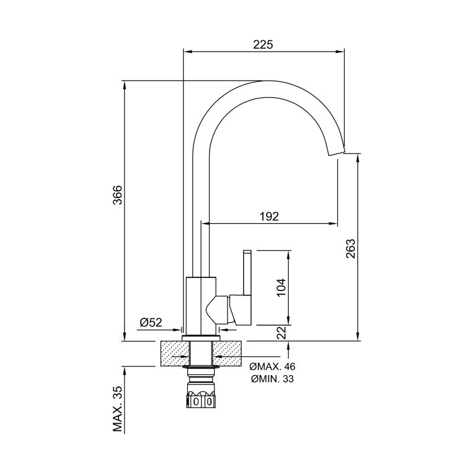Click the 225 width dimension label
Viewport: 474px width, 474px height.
(x=262, y=44)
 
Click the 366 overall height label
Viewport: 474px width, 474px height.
(x=117, y=195)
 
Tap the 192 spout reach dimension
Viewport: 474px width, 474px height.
(x=269, y=216)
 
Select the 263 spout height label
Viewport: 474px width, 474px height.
(x=351, y=248)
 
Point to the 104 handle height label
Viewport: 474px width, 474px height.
(x=281, y=287)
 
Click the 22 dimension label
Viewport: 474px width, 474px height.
(x=281, y=332)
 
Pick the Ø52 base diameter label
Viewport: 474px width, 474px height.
(x=151, y=322)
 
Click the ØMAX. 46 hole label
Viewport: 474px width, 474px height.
(x=273, y=367)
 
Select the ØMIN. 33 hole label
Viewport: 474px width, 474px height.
(x=272, y=379)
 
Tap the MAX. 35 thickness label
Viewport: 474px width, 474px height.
(x=117, y=409)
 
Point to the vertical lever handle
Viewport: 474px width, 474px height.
(x=247, y=272)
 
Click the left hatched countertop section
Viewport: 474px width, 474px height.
(x=175, y=353)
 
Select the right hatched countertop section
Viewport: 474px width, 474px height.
(x=228, y=353)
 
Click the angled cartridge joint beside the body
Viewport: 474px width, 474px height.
(x=218, y=309)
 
